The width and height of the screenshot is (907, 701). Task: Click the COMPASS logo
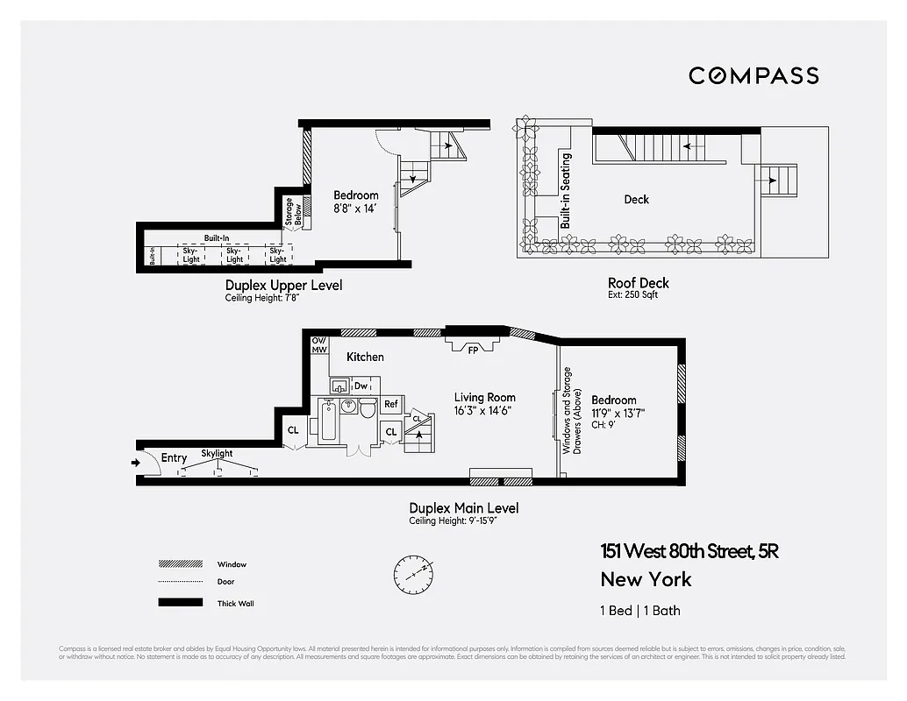click(x=753, y=75)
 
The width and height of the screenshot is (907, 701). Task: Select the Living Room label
click(x=484, y=397)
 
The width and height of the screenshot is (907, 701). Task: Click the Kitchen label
click(x=365, y=357)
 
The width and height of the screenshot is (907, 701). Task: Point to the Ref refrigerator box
click(x=391, y=405)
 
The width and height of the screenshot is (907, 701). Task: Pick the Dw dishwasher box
click(x=361, y=386)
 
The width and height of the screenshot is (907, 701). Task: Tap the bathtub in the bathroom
click(x=327, y=420)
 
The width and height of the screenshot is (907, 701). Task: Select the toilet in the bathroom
click(x=368, y=407)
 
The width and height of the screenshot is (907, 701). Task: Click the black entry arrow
click(x=135, y=462)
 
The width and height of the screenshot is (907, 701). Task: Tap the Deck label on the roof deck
click(x=636, y=200)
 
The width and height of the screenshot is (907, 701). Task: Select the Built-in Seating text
click(x=566, y=191)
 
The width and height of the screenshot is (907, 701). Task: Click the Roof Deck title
click(x=638, y=282)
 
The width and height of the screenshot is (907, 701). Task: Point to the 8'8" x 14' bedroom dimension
click(x=355, y=209)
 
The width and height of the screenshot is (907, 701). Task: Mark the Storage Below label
click(x=292, y=212)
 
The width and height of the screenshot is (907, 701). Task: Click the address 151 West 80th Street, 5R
click(x=689, y=551)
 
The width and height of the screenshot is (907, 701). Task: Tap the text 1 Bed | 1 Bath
click(x=640, y=611)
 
